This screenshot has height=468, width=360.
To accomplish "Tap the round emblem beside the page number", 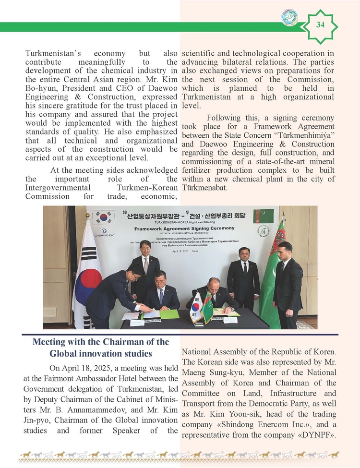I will [289, 17].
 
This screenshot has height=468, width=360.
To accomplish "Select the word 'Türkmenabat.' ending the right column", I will [208, 188].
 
